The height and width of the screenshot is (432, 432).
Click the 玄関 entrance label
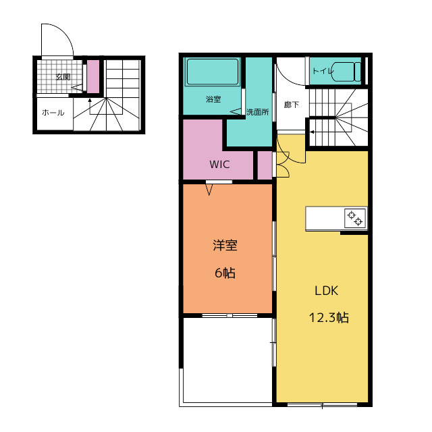[63, 77]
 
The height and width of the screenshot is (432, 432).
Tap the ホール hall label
[53, 113]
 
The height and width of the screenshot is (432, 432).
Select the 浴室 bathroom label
[213, 99]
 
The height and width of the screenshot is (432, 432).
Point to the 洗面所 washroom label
[258, 112]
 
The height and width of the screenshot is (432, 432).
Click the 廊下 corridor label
[292, 105]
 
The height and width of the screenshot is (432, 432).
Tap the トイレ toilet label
[323, 71]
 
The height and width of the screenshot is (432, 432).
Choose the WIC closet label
[219, 165]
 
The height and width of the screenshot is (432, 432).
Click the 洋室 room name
[225, 246]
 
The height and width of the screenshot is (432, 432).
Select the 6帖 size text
[225, 273]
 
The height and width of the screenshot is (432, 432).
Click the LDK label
[327, 291]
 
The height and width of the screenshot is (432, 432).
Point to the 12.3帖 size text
[329, 318]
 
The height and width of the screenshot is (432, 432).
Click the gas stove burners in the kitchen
[355, 218]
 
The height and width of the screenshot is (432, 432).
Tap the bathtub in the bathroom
[213, 72]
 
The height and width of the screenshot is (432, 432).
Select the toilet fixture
[346, 72]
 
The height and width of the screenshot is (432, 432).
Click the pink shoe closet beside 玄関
[93, 76]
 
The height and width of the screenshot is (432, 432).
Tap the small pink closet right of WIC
[265, 165]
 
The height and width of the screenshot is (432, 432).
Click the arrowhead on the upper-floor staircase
[312, 132]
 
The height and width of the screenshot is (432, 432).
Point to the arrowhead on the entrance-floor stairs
[90, 101]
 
